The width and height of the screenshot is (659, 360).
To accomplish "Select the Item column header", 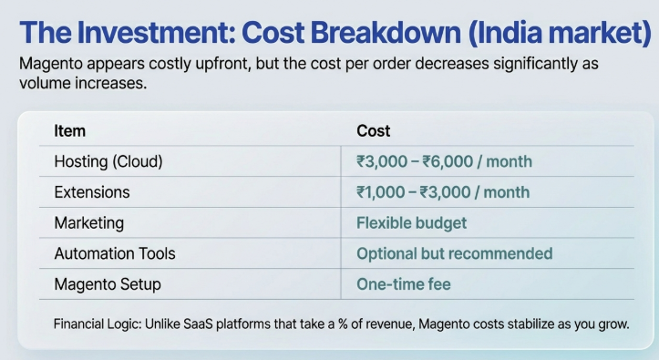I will point(69,131).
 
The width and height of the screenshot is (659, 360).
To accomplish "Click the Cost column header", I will point(374,131).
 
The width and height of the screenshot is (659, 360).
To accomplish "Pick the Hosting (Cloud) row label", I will point(108,162).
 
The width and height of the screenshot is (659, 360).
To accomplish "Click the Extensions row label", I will point(92,192).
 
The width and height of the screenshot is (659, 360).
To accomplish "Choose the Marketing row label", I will point(89,222).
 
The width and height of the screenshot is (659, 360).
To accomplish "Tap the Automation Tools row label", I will point(115,253).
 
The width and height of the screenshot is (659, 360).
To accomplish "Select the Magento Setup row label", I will point(108,283).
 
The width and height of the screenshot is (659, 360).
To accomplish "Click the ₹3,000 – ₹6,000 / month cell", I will point(444,162).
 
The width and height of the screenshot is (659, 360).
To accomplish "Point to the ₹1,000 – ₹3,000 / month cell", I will point(443,192).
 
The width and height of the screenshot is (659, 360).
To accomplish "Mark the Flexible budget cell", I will point(411,223).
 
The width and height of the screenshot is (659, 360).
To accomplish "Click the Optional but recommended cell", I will point(454,253).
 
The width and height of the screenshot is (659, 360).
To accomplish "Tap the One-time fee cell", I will point(403,284).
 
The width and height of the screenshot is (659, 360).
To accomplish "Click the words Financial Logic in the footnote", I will point(98,324).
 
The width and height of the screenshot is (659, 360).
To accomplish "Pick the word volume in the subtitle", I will point(41,83).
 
